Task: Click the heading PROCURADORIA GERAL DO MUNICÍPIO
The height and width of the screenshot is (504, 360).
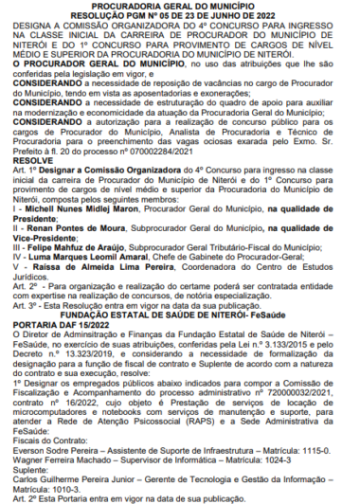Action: [x=179, y=6]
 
